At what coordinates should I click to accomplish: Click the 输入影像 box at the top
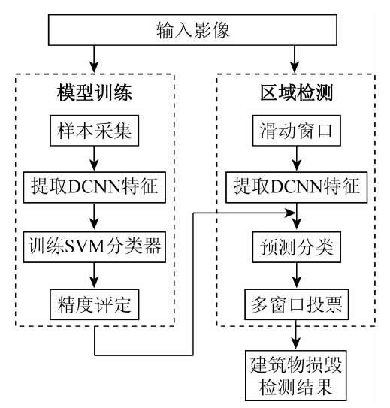192,29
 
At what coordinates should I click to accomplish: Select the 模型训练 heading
95,92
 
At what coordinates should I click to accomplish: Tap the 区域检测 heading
297,92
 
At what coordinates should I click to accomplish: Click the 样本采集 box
94,130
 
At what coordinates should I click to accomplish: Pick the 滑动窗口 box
297,130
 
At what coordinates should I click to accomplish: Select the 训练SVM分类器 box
95,246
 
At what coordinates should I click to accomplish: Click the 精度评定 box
94,304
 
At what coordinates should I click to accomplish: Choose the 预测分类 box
297,246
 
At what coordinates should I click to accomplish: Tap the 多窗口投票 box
296,304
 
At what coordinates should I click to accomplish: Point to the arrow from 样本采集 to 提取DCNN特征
94,159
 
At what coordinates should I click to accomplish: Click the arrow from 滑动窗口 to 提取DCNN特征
297,159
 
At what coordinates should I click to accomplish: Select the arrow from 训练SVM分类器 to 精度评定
94,275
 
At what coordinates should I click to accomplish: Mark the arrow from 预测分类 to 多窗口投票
297,275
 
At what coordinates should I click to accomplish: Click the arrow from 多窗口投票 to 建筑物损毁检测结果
296,335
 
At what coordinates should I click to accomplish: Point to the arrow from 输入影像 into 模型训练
94,59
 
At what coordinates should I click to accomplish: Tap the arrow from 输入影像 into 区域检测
295,59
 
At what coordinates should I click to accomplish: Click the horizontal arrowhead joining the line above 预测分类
290,213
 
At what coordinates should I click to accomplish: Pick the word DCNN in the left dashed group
95,187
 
